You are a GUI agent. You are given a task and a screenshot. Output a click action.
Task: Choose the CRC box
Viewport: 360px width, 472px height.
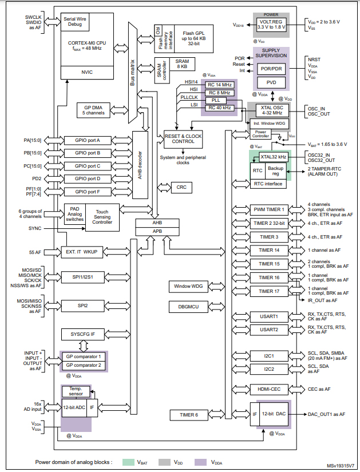pos(181,187)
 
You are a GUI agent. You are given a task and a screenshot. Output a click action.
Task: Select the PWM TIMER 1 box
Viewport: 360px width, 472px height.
pos(268,209)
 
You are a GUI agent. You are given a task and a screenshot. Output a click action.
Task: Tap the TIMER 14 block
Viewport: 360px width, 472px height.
pos(268,250)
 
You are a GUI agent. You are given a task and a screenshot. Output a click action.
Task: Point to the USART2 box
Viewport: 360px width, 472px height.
pos(268,330)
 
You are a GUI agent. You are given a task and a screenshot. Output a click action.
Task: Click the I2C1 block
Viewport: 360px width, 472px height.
pos(268,355)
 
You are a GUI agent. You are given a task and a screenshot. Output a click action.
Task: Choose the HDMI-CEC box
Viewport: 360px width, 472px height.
pos(268,389)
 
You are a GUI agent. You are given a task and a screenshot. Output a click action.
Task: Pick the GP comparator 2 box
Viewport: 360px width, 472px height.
pos(84,364)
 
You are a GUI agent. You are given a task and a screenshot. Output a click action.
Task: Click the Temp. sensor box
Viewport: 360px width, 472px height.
pos(76,391)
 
